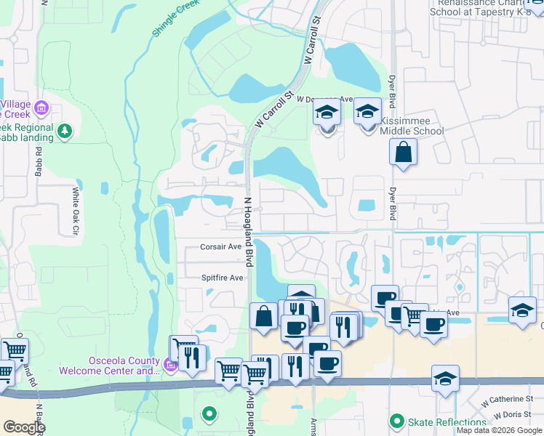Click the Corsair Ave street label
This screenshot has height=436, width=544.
pyautogui.click(x=220, y=247)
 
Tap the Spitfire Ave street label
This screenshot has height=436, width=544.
pyautogui.click(x=222, y=278)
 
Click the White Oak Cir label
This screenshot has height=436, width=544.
pyautogui.click(x=75, y=211)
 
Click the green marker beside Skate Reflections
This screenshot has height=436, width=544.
pyautogui.click(x=396, y=421)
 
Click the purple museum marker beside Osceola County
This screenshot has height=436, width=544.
pyautogui.click(x=170, y=365)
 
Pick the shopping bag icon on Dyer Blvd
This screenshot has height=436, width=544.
pyautogui.click(x=403, y=153)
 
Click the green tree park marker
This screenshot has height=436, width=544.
pyautogui.click(x=65, y=131)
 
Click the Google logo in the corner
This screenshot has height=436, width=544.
pyautogui.click(x=23, y=427)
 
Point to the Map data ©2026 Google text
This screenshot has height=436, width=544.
pyautogui.click(x=499, y=430)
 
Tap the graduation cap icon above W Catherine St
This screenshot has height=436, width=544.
pyautogui.click(x=445, y=379)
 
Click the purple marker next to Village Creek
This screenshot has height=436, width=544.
pyautogui.click(x=41, y=109)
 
